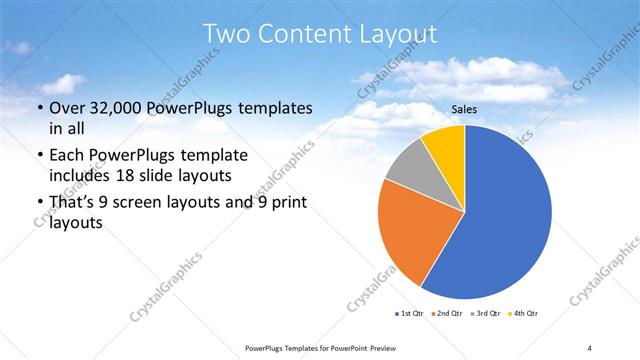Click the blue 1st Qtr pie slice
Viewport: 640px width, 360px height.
tap(505, 220)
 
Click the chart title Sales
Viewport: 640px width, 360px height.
tap(464, 110)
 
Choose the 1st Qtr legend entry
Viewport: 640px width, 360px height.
tap(410, 314)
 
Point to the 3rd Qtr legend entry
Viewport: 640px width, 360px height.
tap(485, 314)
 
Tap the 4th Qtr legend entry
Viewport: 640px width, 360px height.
tap(524, 314)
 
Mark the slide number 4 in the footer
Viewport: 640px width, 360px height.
tap(589, 347)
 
